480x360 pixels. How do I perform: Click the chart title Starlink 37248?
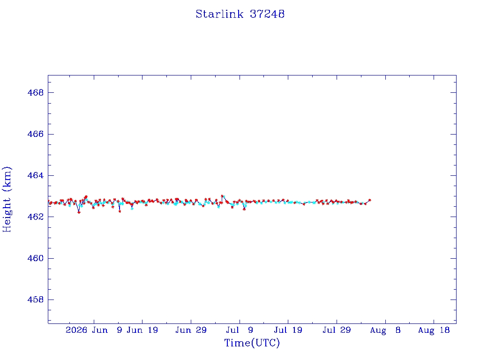(240, 14)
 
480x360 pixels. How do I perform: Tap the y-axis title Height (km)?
(7, 199)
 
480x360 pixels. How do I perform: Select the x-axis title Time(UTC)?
(252, 343)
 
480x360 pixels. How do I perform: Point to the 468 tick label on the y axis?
(36, 92)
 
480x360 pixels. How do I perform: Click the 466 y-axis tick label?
(36, 134)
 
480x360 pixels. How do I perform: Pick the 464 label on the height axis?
(36, 175)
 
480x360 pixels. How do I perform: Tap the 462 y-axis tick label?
(36, 217)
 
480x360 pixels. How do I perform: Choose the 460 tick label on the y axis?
(36, 258)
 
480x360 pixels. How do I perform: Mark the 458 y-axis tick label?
(36, 300)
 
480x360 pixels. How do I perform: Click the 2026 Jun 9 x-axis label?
(94, 330)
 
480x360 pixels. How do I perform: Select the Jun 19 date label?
(142, 330)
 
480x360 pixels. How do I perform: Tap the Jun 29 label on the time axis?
(191, 330)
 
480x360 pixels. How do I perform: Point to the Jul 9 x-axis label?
(240, 330)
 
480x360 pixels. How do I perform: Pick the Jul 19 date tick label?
(288, 330)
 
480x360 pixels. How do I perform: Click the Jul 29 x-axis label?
(337, 330)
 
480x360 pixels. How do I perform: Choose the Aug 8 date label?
(385, 330)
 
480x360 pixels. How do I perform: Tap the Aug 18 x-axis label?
(434, 330)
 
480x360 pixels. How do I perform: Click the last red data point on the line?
(369, 200)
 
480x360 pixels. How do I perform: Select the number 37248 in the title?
(267, 14)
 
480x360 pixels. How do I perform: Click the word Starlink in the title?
(219, 14)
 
